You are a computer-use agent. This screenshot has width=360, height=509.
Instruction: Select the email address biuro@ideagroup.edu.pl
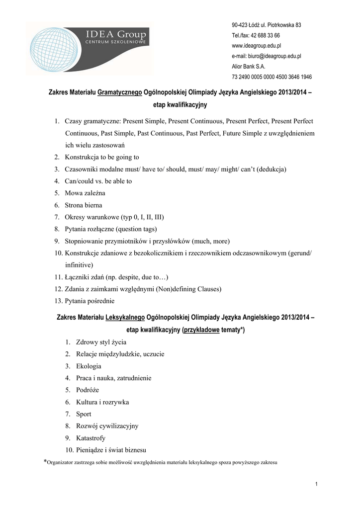266,56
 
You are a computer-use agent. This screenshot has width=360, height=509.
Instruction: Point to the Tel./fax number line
256,35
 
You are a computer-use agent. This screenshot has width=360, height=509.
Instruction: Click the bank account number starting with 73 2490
271,77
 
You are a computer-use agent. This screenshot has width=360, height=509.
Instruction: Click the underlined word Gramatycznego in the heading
120,92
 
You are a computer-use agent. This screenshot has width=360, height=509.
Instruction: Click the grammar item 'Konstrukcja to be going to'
101,157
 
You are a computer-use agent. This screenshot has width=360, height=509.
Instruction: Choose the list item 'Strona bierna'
83,205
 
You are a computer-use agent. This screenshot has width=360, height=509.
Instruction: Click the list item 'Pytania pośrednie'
90,301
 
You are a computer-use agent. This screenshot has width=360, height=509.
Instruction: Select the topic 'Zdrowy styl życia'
101,342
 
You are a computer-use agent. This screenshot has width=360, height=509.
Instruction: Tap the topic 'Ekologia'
89,366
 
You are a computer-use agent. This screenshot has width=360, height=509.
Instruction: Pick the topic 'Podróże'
88,390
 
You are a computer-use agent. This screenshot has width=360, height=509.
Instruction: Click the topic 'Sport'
84,414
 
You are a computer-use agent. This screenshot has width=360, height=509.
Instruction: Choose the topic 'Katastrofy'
90,438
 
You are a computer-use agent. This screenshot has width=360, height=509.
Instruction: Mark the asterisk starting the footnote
45,462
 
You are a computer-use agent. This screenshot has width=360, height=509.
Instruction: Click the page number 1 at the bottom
316,484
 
